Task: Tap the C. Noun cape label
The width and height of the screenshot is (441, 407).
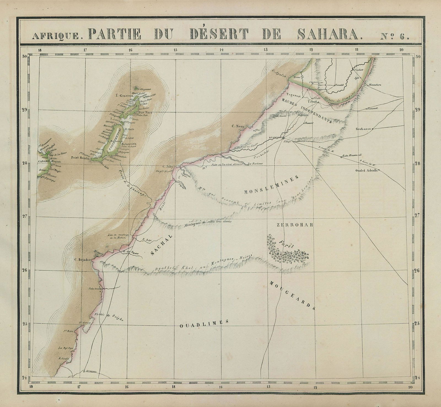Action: tap(237, 127)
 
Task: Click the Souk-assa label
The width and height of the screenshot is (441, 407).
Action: tap(363, 128)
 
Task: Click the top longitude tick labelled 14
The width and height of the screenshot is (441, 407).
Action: tap(221, 50)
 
